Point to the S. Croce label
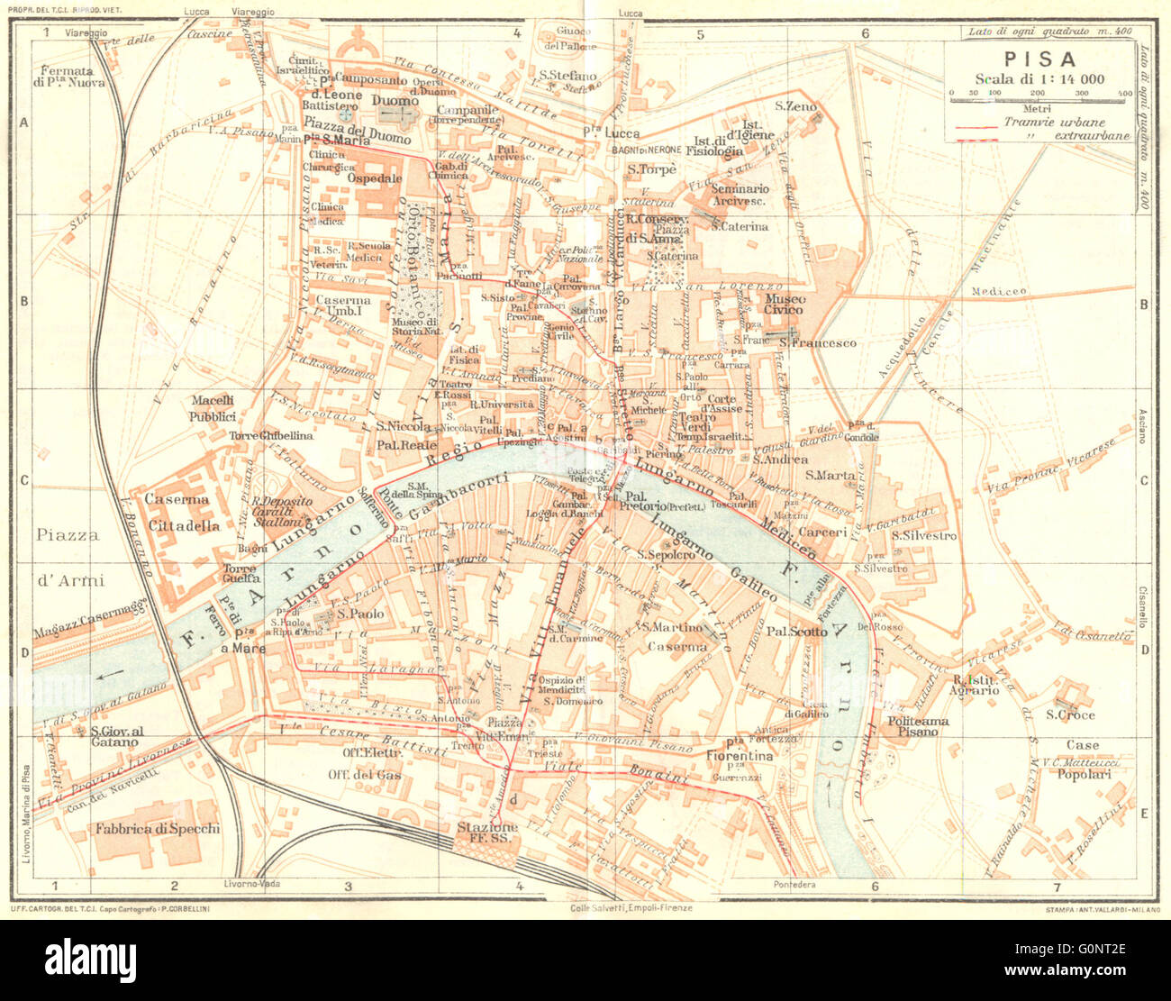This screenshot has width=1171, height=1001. (x=1070, y=714)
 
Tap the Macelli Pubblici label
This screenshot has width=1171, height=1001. (x=213, y=408)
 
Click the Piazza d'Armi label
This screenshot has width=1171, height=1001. (x=69, y=557)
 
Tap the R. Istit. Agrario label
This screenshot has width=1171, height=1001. (x=975, y=684)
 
